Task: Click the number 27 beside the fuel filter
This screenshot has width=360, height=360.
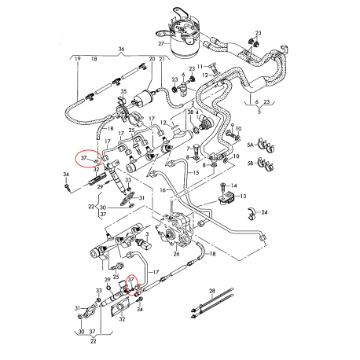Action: click(x=162, y=43)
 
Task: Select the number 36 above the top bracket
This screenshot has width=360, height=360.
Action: click(x=121, y=49)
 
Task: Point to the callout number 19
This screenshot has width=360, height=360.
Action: click(x=78, y=59)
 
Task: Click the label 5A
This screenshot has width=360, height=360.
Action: click(x=250, y=145)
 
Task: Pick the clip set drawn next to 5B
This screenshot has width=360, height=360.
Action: click(x=266, y=165)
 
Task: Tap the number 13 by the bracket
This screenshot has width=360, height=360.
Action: click(x=243, y=196)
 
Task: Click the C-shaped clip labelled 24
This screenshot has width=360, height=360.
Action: click(x=252, y=213)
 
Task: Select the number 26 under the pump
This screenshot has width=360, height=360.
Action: click(x=176, y=254)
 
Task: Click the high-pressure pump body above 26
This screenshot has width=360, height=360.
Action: click(x=174, y=230)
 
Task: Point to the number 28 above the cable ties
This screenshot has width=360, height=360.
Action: click(x=212, y=291)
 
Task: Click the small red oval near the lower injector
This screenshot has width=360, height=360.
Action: click(x=132, y=285)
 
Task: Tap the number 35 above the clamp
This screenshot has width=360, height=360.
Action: click(x=123, y=91)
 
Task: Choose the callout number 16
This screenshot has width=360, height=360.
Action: click(x=163, y=189)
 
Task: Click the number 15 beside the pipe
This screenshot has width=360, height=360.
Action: click(x=196, y=173)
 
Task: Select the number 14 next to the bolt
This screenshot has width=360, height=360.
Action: click(x=234, y=186)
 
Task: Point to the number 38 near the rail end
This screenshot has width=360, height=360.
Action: click(x=190, y=112)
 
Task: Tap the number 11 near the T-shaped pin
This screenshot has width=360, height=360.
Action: click(x=200, y=66)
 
